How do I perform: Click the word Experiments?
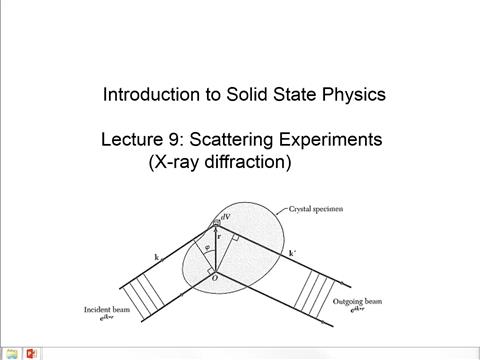[x=326, y=140]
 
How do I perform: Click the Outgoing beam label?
[x=357, y=301]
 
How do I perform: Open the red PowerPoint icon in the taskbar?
[x=31, y=352]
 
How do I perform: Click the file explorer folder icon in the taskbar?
[x=11, y=352]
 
